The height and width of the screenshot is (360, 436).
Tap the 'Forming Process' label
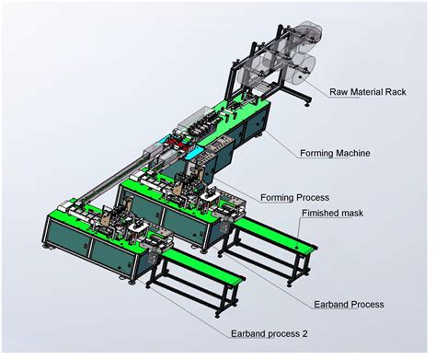pos(295,197)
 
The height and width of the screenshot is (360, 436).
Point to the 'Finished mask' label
pos(332,214)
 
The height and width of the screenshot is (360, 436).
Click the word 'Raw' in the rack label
pos(339,91)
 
